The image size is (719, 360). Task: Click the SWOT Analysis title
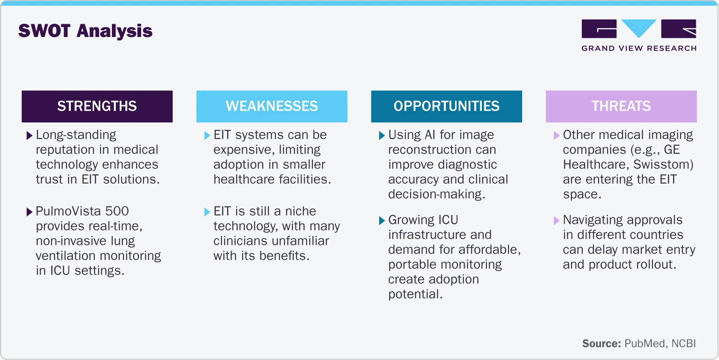pos(85,31)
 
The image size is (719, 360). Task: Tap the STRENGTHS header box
pos(97,106)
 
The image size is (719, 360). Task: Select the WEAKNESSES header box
pos(272,106)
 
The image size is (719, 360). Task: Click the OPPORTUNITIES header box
pos(446,106)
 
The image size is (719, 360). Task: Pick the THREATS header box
pos(621,106)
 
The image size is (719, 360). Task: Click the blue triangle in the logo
pos(639,28)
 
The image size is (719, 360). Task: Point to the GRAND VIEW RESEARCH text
pos(639,48)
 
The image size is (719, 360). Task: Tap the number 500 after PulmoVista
pos(117,211)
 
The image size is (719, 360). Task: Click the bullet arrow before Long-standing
pos(30,136)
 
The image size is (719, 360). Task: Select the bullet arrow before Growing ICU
pos(382,221)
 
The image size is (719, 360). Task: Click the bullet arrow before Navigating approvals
pos(556,221)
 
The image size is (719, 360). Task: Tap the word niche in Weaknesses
pos(300,211)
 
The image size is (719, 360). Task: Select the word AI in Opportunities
pos(430,135)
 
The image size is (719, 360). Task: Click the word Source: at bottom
pos(601,344)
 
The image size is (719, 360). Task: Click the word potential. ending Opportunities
pos(415,294)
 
